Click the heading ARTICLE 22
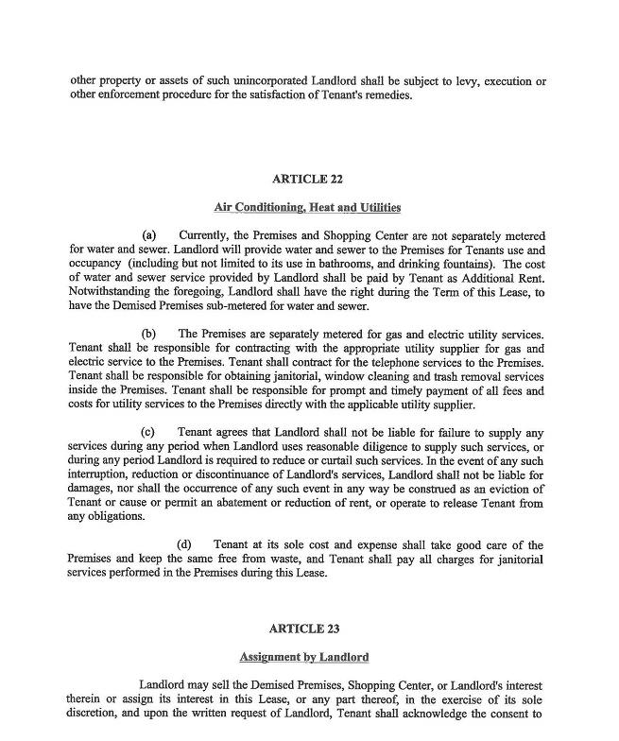[306, 179]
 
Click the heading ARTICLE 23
[303, 629]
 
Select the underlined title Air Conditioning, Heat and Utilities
[307, 207]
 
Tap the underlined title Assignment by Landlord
[303, 657]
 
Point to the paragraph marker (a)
[149, 234]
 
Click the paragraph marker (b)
[149, 334]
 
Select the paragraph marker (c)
[149, 433]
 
